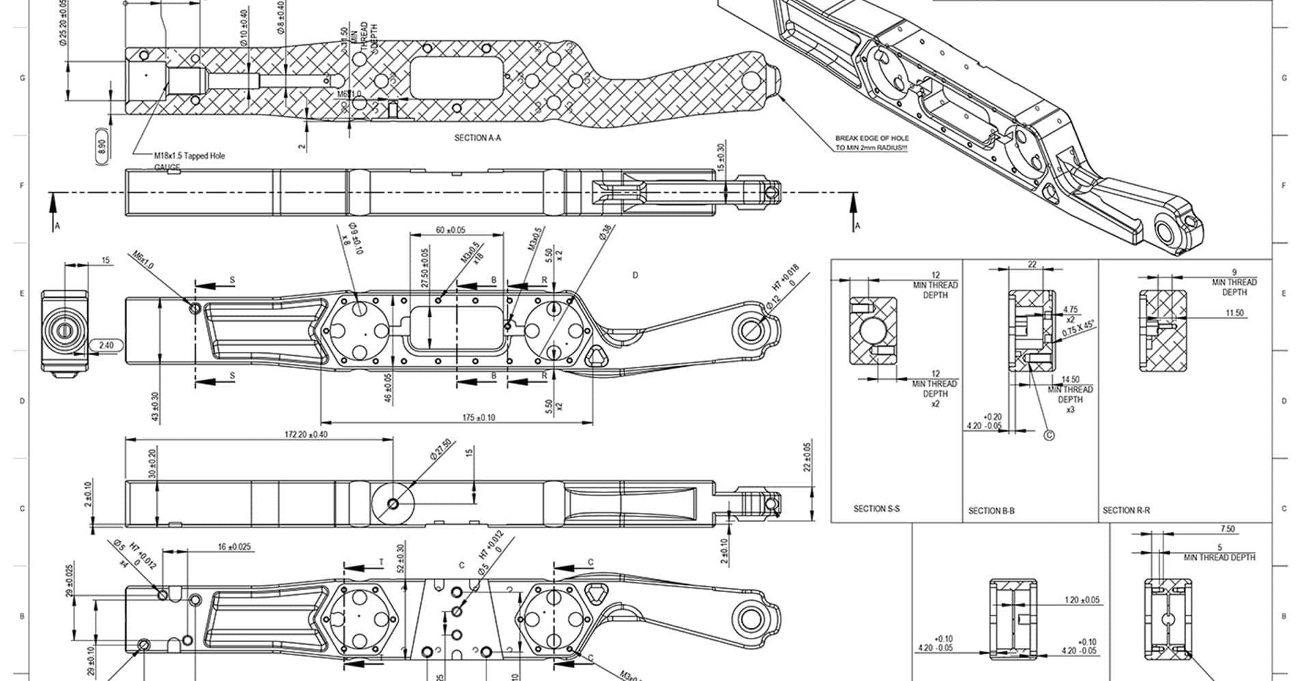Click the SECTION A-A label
[478, 138]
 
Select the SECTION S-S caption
[876, 508]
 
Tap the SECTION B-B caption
[991, 510]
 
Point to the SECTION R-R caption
[1126, 510]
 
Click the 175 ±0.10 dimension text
[479, 417]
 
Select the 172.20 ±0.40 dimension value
[306, 434]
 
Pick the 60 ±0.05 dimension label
[450, 230]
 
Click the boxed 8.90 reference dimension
[102, 146]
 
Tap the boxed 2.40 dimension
[106, 346]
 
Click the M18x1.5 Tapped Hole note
[189, 156]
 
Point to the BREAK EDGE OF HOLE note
[872, 143]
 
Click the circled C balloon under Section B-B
[1050, 434]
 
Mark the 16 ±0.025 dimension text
[234, 546]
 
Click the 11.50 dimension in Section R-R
[1234, 313]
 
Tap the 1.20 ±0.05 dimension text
[1082, 600]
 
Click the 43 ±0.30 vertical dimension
[156, 406]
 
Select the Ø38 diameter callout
[606, 232]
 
